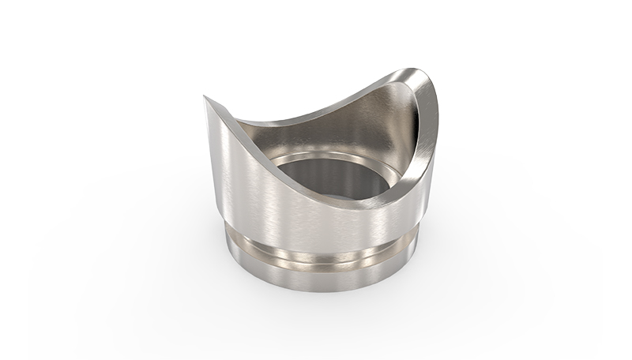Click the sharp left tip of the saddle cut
[x=205, y=98]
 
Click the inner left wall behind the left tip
[x=261, y=130]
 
